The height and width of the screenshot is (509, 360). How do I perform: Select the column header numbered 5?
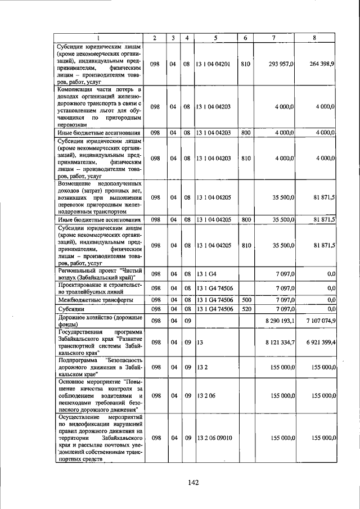tap(215, 37)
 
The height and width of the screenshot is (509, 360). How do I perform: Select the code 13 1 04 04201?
tap(213, 64)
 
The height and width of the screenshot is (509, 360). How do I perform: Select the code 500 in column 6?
tap(245, 300)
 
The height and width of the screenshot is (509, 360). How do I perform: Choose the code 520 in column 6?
tap(245, 309)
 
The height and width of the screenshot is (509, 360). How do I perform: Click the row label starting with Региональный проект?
tap(97, 274)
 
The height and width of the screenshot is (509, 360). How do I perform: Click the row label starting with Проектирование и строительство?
tap(97, 288)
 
